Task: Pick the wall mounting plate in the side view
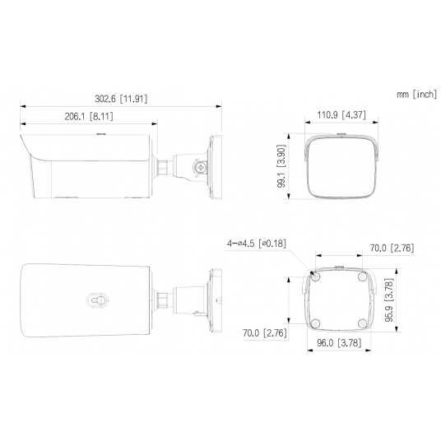coord(216,165)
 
